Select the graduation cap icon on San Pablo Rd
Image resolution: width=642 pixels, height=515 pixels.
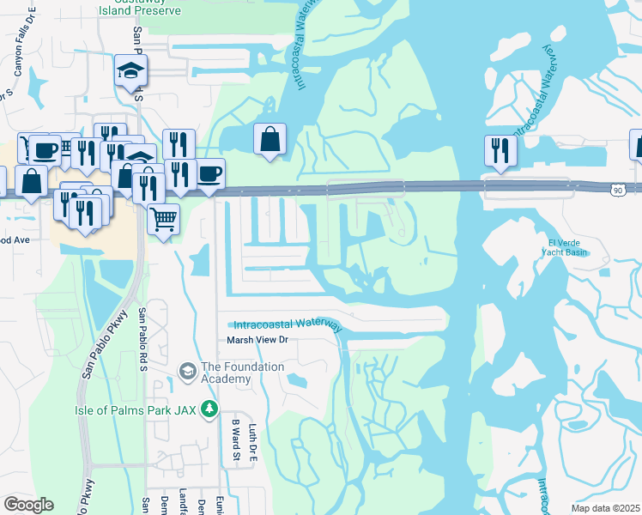click(131, 70)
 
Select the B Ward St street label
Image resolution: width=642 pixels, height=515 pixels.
click(233, 439)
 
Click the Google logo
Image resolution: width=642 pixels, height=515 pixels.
click(28, 505)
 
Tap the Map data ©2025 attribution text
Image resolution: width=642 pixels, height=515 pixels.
click(604, 508)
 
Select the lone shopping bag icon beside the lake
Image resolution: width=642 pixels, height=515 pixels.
click(270, 139)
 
